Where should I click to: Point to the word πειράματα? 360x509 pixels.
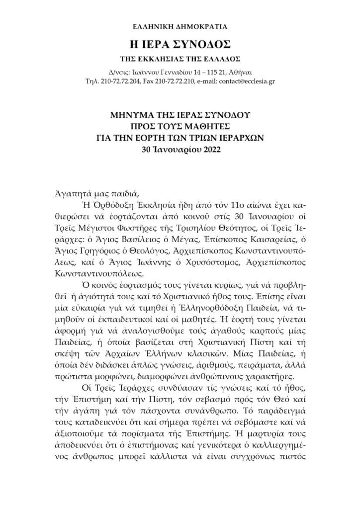pos(270,362)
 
